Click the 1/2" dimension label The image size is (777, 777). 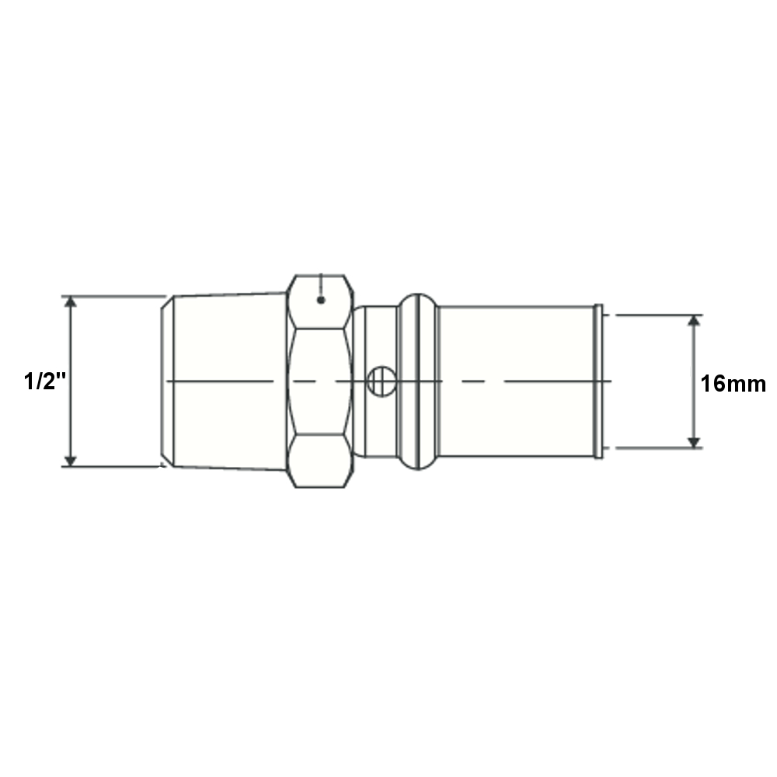pos(44,382)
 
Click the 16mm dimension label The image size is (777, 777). pos(733,384)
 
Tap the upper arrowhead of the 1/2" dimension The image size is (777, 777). pos(71,301)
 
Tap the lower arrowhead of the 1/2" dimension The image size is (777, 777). pos(71,461)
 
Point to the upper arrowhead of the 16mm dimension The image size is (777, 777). pos(694,320)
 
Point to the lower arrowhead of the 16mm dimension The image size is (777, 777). pos(694,443)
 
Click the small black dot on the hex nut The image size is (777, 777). pos(321,300)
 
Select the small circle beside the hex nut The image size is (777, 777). pos(382,381)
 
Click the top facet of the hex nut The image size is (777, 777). pos(320,301)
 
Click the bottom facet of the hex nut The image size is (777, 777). pos(320,461)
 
